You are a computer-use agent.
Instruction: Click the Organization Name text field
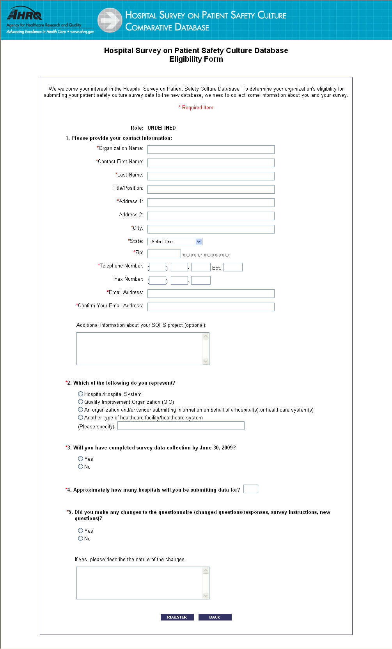pos(211,150)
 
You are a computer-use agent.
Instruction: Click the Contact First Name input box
pos(211,163)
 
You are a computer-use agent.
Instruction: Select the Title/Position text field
pos(211,189)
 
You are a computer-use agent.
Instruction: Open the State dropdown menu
pos(175,242)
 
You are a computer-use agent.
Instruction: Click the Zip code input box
pos(164,254)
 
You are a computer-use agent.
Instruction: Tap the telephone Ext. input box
pos(232,267)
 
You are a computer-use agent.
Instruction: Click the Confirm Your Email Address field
pos(211,307)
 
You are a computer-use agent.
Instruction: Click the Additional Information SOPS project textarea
pos(140,349)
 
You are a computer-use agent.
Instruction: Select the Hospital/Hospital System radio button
pos(81,394)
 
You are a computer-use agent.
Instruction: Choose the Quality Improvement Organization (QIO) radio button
pos(81,402)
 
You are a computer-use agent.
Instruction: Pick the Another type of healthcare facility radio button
pos(81,417)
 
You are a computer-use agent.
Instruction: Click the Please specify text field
pos(181,426)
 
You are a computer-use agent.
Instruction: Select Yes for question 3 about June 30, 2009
pos(81,459)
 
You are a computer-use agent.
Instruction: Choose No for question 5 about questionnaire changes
pos(81,538)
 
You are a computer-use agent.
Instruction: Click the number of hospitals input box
pos(250,489)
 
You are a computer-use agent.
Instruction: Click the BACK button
pos(215,617)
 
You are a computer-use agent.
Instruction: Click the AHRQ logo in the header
pos(25,15)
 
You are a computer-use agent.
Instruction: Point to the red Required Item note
pos(196,108)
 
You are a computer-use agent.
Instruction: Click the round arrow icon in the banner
pos(110,20)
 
